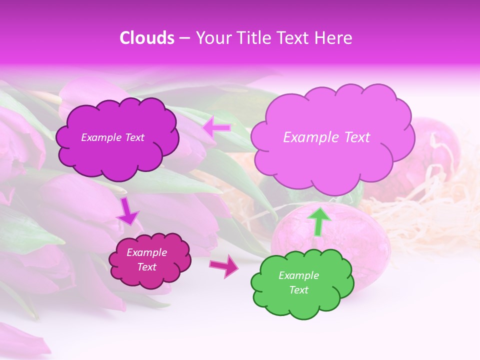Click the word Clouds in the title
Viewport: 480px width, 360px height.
pos(146,38)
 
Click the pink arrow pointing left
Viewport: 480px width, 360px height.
pos(217,128)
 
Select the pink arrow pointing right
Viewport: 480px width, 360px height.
pos(224,265)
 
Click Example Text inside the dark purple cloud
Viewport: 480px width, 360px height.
pos(112,137)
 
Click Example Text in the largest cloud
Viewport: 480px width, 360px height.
pos(326,137)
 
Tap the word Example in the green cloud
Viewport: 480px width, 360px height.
pos(298,275)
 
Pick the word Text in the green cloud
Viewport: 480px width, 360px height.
pos(298,290)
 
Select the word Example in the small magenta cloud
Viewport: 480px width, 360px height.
pos(146,252)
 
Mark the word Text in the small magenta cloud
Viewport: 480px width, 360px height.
pos(146,267)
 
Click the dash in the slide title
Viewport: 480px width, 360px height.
pos(184,38)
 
